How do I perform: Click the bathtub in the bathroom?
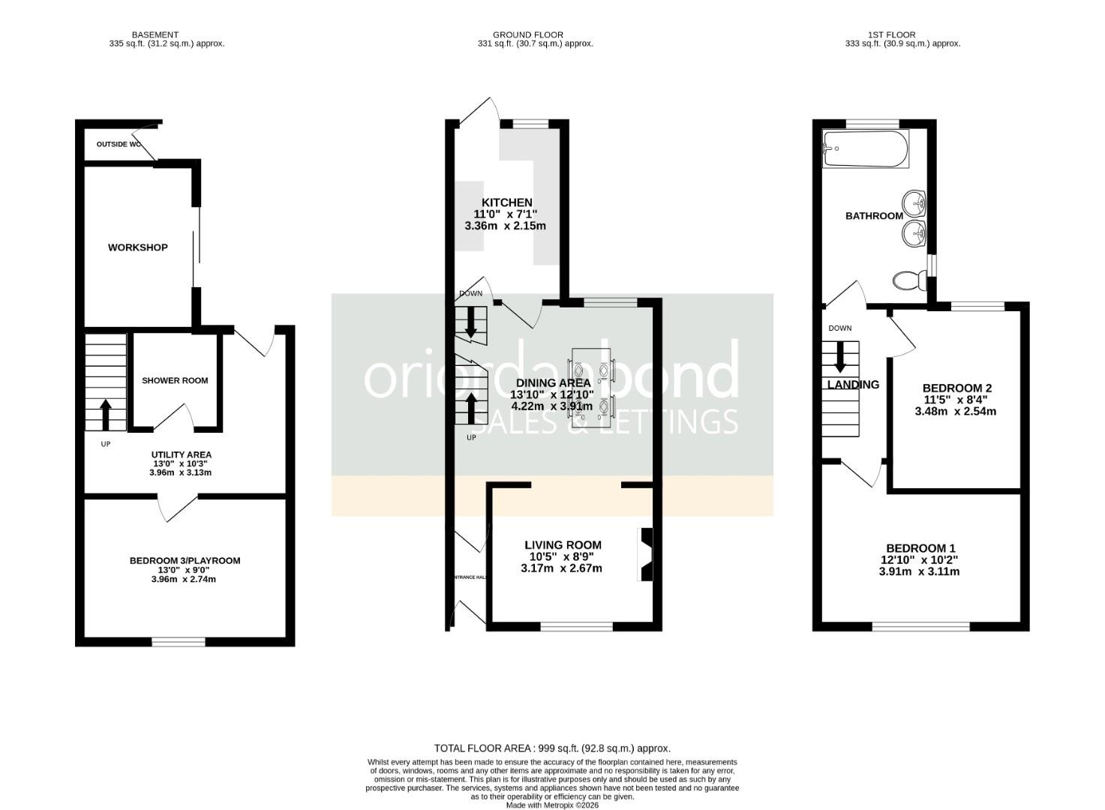[x=865, y=148]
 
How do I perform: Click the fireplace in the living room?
[x=645, y=554]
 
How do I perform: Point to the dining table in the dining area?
[x=592, y=387]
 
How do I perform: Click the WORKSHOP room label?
[x=138, y=247]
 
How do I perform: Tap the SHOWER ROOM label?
[x=175, y=380]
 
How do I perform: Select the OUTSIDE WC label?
[x=119, y=144]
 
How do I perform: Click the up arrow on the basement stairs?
[x=105, y=415]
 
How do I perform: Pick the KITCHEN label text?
[x=506, y=202]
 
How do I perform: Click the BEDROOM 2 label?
[x=956, y=388]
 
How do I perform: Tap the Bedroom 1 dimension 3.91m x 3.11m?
[x=919, y=571]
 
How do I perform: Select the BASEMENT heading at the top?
[x=155, y=34]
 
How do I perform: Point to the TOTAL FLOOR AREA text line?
[x=552, y=748]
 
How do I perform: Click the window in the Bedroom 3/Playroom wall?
[x=179, y=641]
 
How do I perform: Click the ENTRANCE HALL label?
[x=470, y=577]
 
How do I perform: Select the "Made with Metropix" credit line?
[x=552, y=805]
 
